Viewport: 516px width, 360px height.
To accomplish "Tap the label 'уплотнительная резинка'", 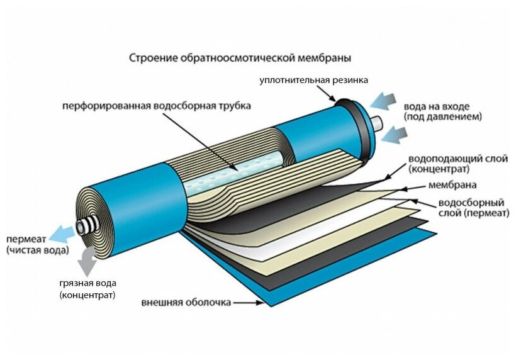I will tap(314, 80).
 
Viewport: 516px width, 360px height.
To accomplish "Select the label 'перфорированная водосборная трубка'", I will tap(156, 106).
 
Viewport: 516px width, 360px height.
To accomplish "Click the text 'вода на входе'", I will tap(443, 106).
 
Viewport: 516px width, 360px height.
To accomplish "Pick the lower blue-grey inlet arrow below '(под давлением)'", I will tap(393, 132).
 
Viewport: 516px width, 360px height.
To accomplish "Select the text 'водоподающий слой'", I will tap(449, 158).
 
